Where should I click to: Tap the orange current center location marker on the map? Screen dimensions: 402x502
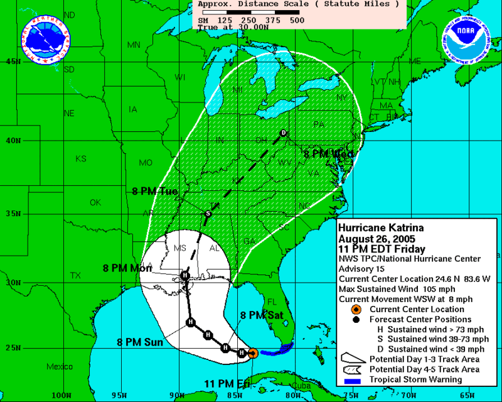(252, 354)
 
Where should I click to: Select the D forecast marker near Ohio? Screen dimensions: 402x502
(284, 133)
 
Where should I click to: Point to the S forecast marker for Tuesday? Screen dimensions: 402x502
(208, 214)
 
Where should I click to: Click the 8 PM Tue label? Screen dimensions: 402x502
(155, 192)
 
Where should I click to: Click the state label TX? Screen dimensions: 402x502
(75, 275)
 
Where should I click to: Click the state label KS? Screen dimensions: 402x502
(81, 158)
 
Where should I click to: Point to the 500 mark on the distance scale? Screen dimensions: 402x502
(297, 20)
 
